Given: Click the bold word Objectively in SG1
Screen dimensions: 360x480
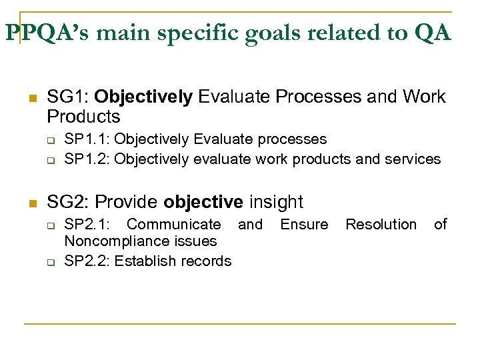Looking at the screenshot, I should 143,97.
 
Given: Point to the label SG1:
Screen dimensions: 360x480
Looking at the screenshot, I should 67,97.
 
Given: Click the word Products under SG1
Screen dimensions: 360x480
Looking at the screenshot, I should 83,117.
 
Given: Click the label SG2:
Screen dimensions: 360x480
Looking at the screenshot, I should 67,202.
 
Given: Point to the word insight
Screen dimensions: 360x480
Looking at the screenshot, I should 276,202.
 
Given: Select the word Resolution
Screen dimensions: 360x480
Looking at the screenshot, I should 381,225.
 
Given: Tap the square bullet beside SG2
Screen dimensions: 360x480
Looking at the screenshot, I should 30,203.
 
